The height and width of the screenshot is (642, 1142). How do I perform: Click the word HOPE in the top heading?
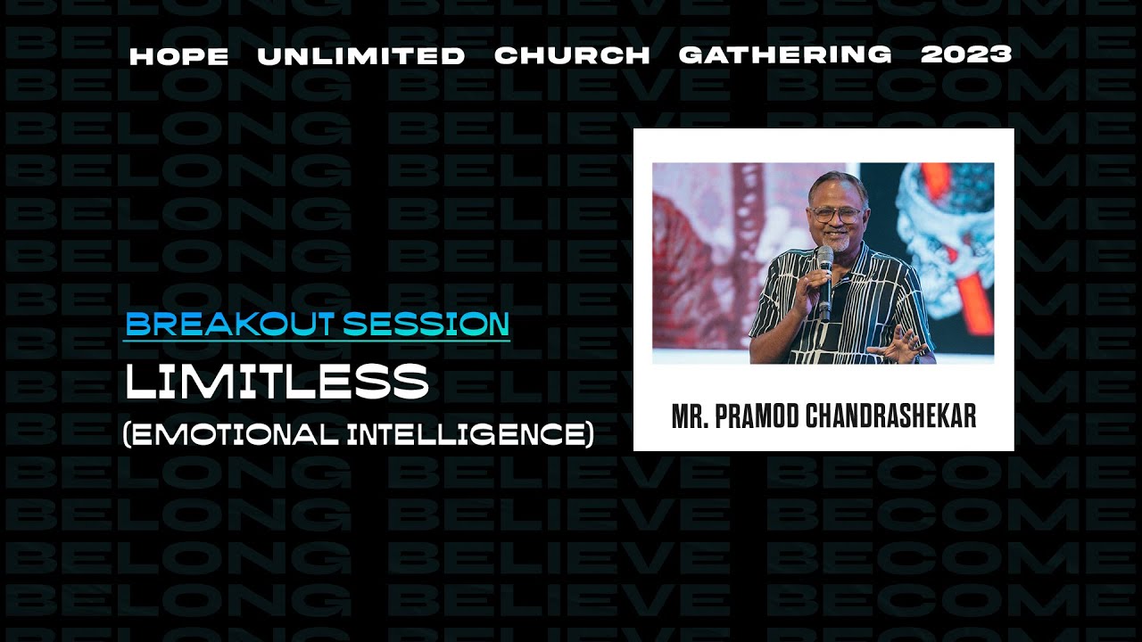coord(178,55)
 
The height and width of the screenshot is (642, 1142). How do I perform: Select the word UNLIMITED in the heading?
coord(360,55)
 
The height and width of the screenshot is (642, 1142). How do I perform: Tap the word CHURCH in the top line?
coord(572,55)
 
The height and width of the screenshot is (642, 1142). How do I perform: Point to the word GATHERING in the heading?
coord(785,55)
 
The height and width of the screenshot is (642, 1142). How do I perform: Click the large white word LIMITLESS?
coord(277,382)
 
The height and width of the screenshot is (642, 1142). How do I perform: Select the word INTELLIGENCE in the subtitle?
coord(468,434)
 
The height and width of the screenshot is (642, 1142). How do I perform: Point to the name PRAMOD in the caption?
coord(756,416)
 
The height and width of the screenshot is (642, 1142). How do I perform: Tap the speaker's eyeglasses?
coord(837,215)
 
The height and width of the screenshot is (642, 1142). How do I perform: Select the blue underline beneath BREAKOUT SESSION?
coord(317,341)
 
